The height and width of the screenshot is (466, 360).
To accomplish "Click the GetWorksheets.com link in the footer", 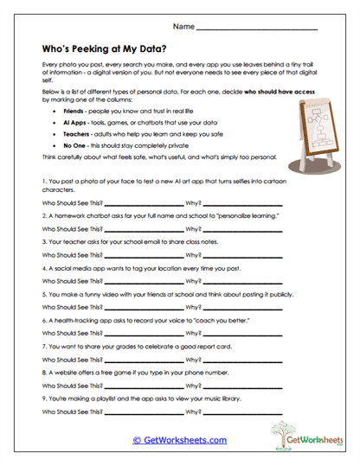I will pos(179,440).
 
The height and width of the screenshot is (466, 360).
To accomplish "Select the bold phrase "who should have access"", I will pos(268,89).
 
